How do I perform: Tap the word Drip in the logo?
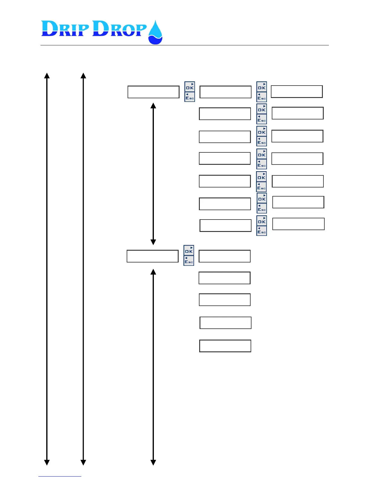65,29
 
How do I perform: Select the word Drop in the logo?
119,29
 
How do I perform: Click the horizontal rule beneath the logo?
184,45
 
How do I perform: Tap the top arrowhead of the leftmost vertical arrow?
47,75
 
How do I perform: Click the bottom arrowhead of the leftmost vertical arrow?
47,463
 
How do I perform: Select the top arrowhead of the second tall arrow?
83,75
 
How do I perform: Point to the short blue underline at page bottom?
60,476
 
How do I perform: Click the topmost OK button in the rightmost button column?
261,87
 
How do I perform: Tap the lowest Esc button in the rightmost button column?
261,231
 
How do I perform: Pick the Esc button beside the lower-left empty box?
189,261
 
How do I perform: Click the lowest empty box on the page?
225,346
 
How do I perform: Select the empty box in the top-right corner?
297,92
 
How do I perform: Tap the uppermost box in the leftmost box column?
154,92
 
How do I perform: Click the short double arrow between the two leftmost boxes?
153,174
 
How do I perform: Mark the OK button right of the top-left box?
190,87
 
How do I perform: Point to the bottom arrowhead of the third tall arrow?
153,463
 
